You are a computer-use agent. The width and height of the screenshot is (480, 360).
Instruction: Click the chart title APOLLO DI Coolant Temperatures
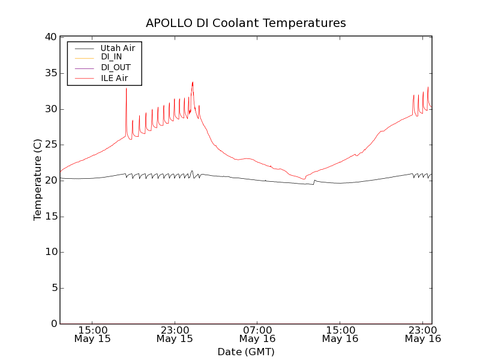pyautogui.click(x=246, y=23)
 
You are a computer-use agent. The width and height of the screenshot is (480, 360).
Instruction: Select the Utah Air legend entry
pyautogui.click(x=117, y=47)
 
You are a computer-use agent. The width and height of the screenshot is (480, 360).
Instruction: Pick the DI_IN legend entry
pyautogui.click(x=112, y=57)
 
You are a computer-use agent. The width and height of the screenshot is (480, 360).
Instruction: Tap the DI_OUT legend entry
pyautogui.click(x=115, y=67)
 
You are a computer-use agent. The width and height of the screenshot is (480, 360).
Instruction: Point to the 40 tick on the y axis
pyautogui.click(x=50, y=37)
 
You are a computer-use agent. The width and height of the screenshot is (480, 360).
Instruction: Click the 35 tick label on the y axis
pyautogui.click(x=50, y=73)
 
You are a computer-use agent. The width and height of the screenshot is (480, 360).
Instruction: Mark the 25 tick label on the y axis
pyautogui.click(x=50, y=145)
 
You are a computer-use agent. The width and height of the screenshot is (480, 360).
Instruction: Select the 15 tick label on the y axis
pyautogui.click(x=50, y=217)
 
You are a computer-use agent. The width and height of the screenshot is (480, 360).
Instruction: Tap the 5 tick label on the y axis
pyautogui.click(x=53, y=288)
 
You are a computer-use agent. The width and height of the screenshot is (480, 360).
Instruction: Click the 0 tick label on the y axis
pyautogui.click(x=53, y=324)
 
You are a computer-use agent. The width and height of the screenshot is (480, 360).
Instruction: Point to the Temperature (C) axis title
pyautogui.click(x=38, y=180)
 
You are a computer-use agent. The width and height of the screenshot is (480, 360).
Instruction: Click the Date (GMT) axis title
pyautogui.click(x=246, y=352)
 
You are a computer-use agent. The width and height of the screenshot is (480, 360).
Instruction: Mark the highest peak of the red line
pyautogui.click(x=193, y=82)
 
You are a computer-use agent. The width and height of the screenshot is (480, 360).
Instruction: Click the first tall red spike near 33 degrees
pyautogui.click(x=126, y=89)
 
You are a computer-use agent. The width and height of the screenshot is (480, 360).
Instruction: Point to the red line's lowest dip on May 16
pyautogui.click(x=304, y=179)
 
